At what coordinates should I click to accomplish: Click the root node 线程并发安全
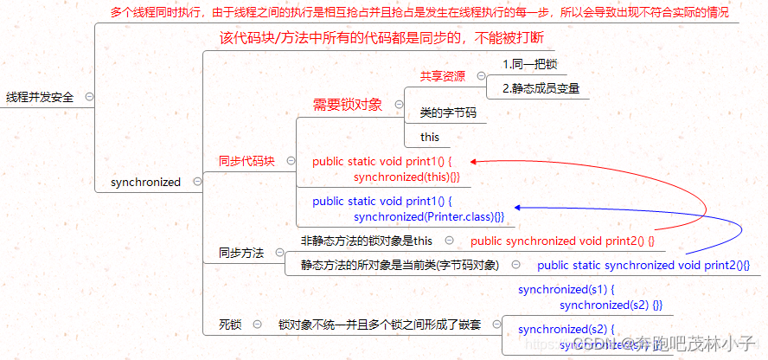tap(39, 98)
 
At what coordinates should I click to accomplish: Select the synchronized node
tap(146, 183)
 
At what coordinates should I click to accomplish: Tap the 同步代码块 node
tap(246, 161)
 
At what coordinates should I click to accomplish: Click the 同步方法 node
tap(241, 254)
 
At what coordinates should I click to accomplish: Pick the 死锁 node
tap(230, 325)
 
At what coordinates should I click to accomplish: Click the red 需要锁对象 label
tap(347, 105)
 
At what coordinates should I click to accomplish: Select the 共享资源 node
tap(443, 76)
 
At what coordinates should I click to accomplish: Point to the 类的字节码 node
tap(448, 112)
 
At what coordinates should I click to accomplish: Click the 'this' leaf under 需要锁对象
tap(430, 137)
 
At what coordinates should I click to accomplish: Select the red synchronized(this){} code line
tap(406, 177)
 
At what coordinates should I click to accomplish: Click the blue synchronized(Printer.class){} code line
tap(429, 216)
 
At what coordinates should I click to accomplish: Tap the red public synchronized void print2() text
tap(563, 241)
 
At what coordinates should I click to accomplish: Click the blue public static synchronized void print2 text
tap(643, 265)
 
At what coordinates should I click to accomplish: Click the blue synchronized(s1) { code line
tap(566, 290)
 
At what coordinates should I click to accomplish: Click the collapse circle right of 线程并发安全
tap(90, 98)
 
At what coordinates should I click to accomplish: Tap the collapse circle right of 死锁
tap(257, 325)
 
